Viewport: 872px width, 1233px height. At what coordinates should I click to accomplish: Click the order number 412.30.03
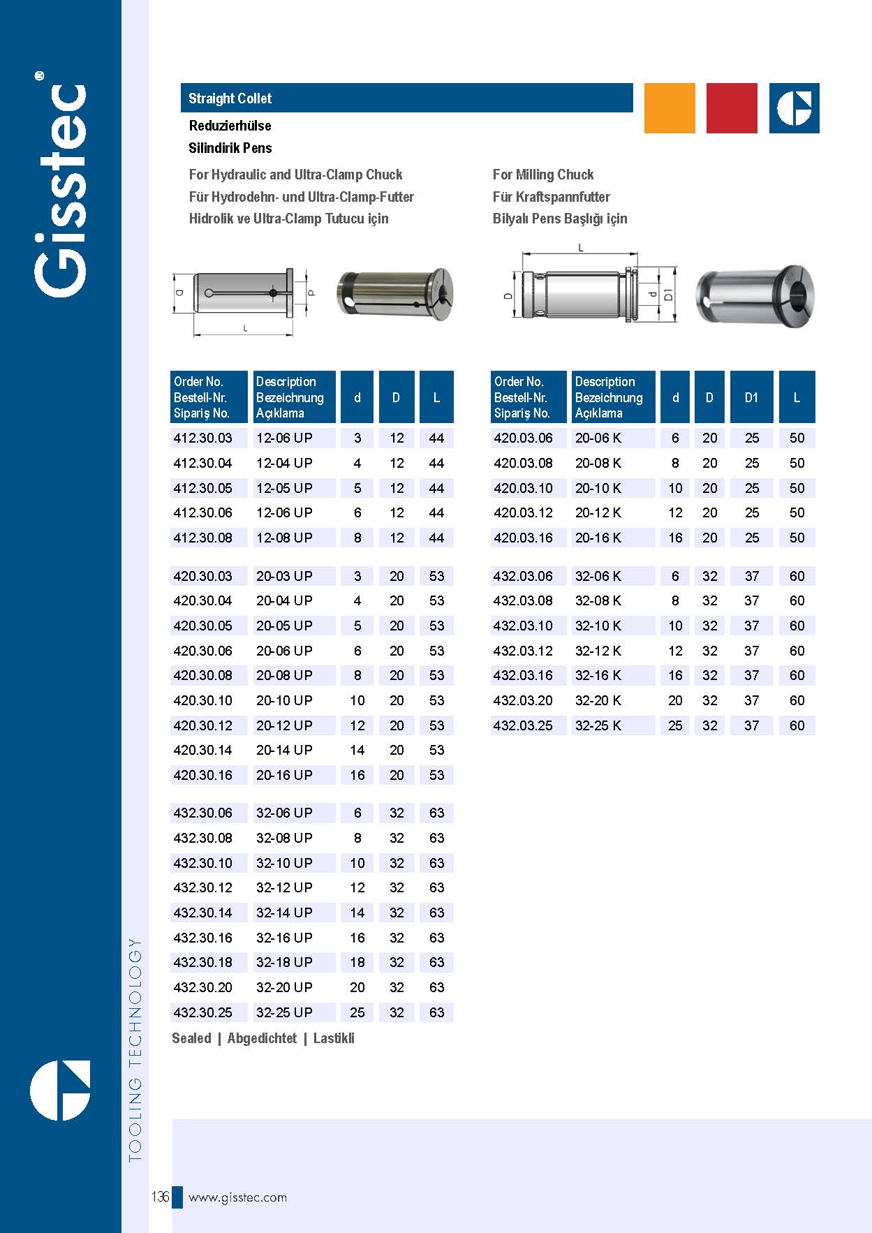pos(202,438)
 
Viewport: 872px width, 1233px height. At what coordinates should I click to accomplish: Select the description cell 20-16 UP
pos(284,775)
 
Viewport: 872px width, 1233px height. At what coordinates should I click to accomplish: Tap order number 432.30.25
pos(202,1012)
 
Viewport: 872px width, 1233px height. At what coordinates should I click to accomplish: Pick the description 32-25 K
pos(598,725)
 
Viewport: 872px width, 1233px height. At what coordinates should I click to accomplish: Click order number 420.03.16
pos(523,538)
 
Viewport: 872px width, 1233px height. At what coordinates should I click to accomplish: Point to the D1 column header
pos(751,397)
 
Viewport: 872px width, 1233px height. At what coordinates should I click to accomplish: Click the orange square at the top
pos(670,108)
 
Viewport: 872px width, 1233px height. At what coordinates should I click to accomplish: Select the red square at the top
pos(732,108)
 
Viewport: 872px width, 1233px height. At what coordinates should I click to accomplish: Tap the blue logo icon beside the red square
pos(795,108)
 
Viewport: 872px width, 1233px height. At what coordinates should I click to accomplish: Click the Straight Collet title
pos(230,98)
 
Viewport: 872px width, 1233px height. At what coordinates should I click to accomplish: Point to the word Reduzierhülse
pos(230,126)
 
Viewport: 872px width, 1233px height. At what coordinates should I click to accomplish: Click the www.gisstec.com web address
pos(237,1197)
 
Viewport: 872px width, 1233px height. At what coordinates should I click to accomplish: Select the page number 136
pos(160,1197)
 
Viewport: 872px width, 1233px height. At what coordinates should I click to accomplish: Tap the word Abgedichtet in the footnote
pos(262,1038)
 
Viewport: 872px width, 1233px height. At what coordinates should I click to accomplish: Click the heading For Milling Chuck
pos(543,175)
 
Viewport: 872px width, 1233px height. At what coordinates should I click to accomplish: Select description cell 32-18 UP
pos(284,962)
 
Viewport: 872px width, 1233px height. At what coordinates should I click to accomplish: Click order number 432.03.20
pos(523,700)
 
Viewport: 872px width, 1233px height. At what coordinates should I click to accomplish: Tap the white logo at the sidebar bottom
pos(60,1090)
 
